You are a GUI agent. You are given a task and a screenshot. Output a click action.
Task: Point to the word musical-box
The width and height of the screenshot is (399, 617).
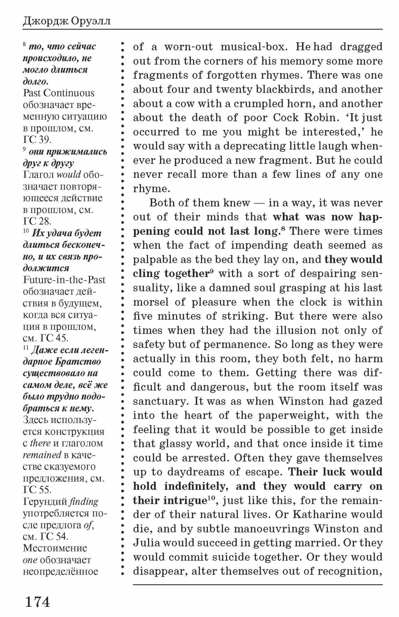(254, 47)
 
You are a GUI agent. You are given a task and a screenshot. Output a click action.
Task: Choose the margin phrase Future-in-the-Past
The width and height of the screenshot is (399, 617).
(64, 280)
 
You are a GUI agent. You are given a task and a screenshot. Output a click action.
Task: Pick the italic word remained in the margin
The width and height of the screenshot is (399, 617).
(42, 455)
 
